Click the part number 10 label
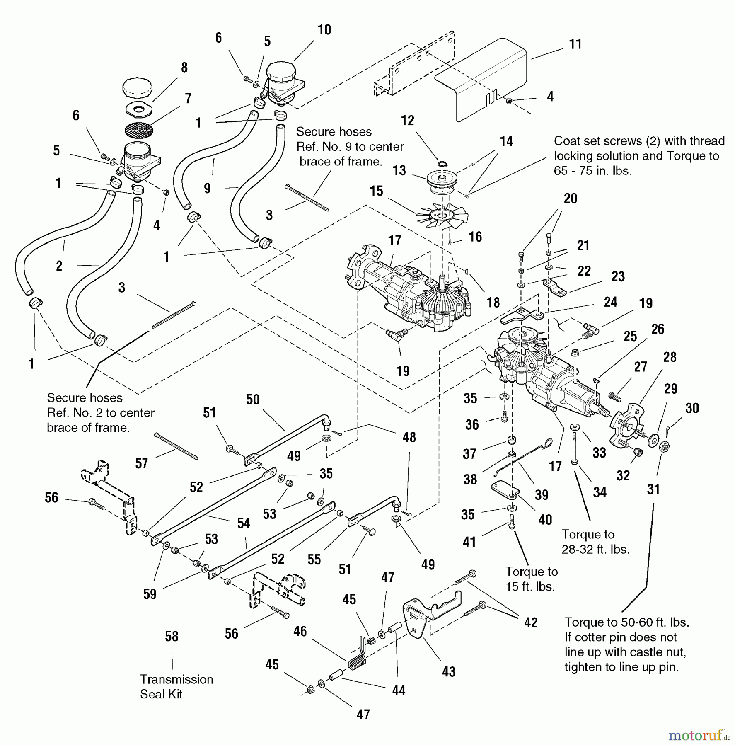coord(324,30)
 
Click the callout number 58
coord(172,636)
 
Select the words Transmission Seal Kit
coord(176,687)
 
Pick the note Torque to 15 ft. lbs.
coord(531,579)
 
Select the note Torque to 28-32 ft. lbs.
coord(595,542)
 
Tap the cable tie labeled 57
coord(176,446)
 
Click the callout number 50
coord(253,400)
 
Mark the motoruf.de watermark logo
coord(699,736)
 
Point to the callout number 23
coord(618,276)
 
